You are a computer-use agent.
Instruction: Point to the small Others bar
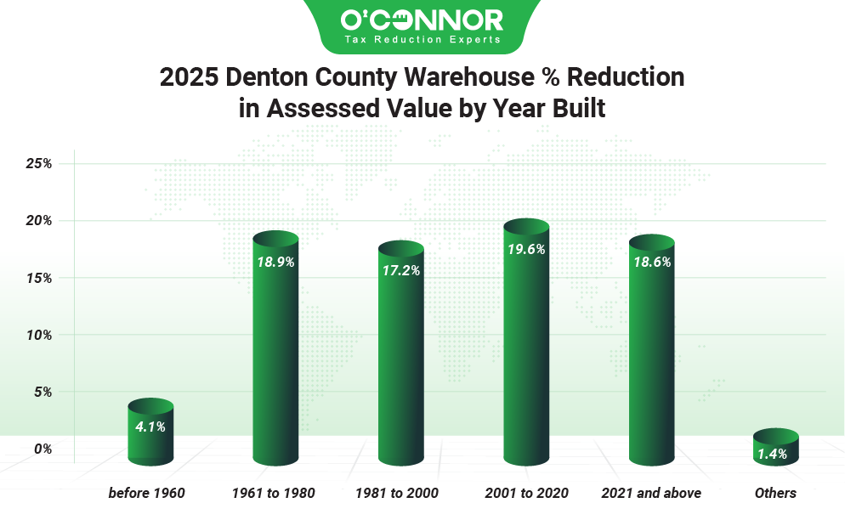click(776, 448)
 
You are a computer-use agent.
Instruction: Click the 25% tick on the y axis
click(39, 163)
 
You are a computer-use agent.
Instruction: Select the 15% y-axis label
click(39, 278)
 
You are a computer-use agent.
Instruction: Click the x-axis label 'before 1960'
click(146, 493)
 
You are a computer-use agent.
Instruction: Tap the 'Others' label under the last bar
click(775, 493)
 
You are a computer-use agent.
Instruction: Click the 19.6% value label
click(525, 250)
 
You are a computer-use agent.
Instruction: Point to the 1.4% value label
click(773, 455)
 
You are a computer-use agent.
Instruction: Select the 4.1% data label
click(150, 427)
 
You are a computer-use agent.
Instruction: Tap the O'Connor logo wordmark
click(422, 19)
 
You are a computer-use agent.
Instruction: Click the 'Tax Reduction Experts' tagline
click(422, 39)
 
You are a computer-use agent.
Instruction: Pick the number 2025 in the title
click(189, 77)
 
